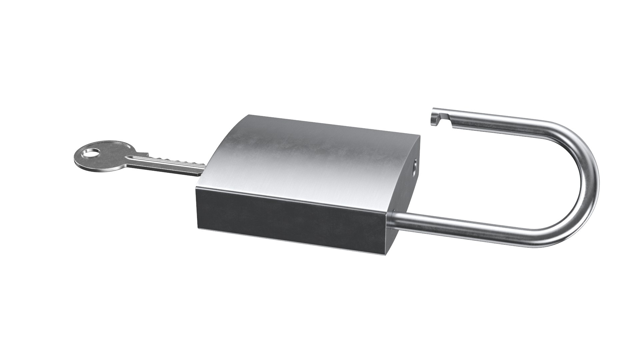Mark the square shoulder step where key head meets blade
click(x=146, y=154)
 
